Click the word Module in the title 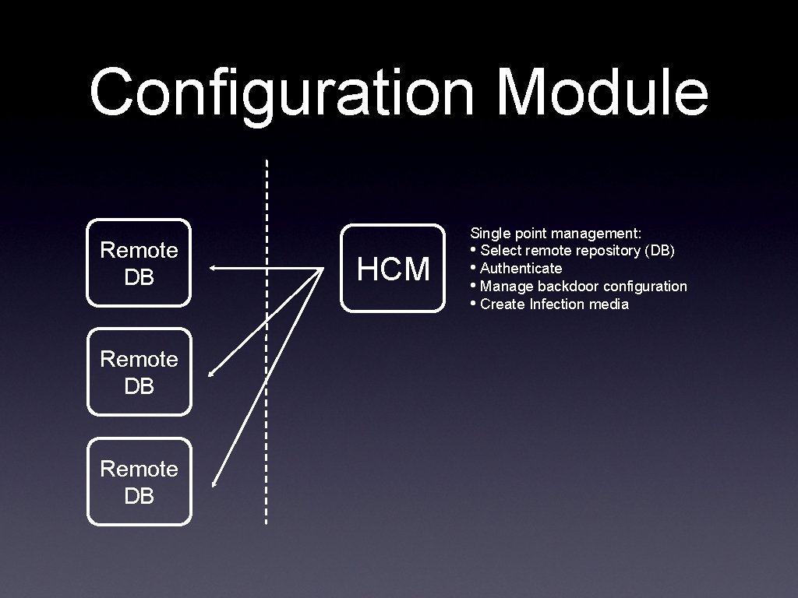click(x=602, y=92)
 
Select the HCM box click(x=393, y=269)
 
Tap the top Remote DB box click(x=139, y=262)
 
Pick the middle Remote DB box click(x=139, y=371)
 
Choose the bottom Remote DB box click(x=139, y=481)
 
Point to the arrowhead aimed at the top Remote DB click(x=214, y=269)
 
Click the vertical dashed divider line click(x=267, y=343)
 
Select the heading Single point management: click(x=556, y=233)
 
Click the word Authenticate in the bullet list click(x=521, y=269)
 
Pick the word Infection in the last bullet click(x=556, y=304)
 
